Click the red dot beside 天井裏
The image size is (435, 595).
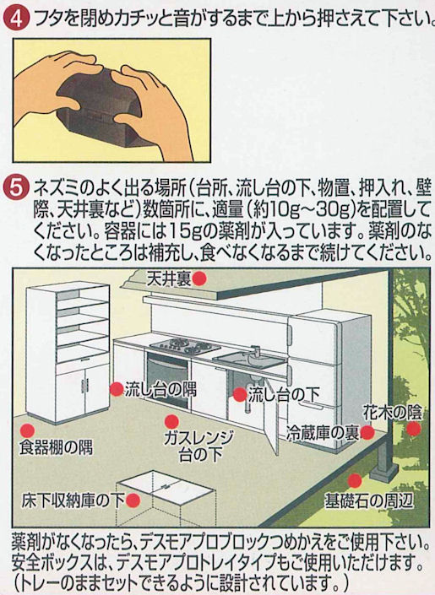pyautogui.click(x=199, y=279)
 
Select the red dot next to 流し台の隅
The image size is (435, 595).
pyautogui.click(x=117, y=389)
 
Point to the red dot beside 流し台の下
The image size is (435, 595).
pyautogui.click(x=240, y=395)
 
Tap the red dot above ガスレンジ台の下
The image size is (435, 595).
pyautogui.click(x=171, y=422)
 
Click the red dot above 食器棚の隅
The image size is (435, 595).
pyautogui.click(x=27, y=430)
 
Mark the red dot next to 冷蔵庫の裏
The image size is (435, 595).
pyautogui.click(x=367, y=432)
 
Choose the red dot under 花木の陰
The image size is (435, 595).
pyautogui.click(x=414, y=429)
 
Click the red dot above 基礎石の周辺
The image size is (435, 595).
pyautogui.click(x=355, y=481)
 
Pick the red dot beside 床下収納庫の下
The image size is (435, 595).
pyautogui.click(x=133, y=500)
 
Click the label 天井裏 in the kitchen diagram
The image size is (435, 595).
pyautogui.click(x=169, y=279)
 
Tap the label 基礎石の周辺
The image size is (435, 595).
pyautogui.click(x=368, y=500)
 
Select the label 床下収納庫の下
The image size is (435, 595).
pyautogui.click(x=73, y=500)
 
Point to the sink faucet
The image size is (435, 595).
pyautogui.click(x=253, y=352)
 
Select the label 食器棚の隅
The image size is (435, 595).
pyautogui.click(x=57, y=448)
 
